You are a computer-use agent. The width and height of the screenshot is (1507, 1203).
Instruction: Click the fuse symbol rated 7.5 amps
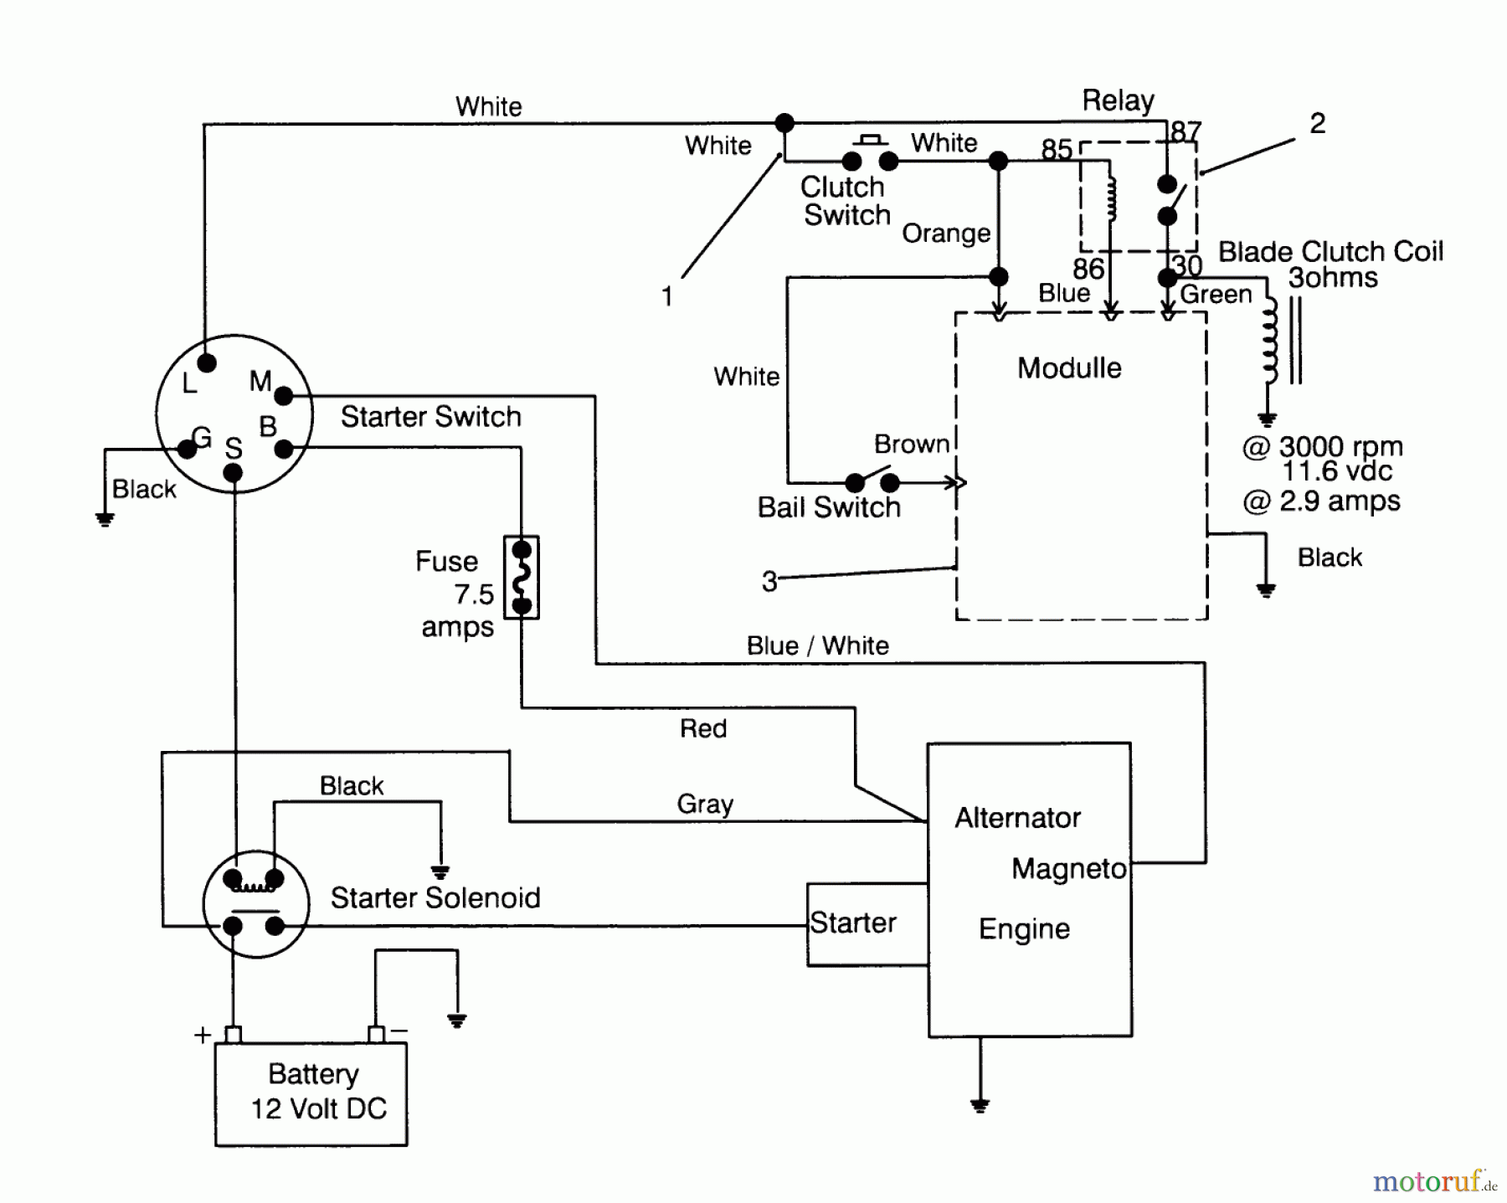522,578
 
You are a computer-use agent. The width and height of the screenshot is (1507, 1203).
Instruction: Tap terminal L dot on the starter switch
207,363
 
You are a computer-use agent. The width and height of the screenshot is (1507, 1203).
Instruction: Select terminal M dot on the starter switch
284,395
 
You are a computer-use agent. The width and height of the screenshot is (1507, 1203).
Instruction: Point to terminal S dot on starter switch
234,473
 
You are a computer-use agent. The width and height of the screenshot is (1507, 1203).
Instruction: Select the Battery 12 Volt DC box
311,1093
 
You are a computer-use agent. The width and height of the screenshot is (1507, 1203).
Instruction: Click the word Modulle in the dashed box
1069,368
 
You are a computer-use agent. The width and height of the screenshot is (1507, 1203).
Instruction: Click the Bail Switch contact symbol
872,481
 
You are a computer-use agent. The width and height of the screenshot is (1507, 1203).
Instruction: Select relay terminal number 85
1057,149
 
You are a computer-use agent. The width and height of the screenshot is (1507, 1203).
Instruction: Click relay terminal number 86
1088,269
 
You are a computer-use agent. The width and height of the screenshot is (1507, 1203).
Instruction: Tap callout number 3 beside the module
769,582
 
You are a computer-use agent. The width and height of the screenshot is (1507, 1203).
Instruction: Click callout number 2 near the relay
1317,124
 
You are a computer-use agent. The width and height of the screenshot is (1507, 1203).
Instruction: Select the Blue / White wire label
817,645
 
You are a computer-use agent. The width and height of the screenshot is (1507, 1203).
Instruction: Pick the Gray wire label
705,804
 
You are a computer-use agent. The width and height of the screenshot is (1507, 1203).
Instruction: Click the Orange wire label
946,234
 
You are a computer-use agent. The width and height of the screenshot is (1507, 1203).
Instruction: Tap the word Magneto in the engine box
1068,869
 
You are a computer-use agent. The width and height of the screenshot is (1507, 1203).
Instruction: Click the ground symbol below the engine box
980,1104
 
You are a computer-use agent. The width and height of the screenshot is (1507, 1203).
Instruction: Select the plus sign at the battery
202,1036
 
